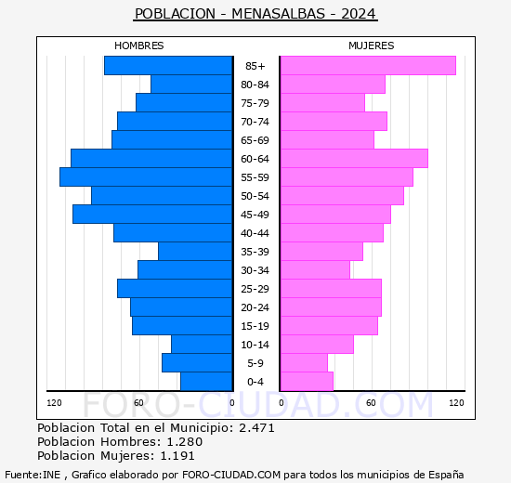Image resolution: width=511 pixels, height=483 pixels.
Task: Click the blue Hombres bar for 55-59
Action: [146, 177]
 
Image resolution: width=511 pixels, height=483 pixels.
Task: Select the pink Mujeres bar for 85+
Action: [368, 66]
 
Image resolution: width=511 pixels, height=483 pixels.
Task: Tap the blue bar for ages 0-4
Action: [206, 382]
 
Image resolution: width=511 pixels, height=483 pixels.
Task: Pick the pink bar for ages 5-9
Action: [304, 363]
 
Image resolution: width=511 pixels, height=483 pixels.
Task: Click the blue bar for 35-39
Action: [195, 252]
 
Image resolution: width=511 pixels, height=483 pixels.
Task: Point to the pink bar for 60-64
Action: [354, 159]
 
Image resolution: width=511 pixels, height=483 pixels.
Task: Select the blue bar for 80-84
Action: [191, 85]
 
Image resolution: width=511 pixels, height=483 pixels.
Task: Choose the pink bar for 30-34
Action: [315, 270]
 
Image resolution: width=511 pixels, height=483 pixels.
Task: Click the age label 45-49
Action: [255, 215]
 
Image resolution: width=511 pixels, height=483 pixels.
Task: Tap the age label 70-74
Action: [255, 122]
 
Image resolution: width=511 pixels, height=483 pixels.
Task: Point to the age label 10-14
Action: [255, 345]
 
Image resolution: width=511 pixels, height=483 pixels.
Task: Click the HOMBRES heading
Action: [139, 46]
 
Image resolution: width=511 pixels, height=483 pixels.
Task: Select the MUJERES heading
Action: [372, 46]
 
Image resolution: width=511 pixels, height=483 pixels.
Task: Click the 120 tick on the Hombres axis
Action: [54, 403]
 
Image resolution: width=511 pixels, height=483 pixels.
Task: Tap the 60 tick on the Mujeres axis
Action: [371, 403]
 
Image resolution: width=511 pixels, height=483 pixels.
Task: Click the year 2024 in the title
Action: [359, 14]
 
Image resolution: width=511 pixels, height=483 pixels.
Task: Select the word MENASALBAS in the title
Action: [279, 14]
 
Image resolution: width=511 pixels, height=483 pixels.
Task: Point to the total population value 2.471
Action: [256, 427]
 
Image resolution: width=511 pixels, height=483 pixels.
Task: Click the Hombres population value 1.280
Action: [185, 441]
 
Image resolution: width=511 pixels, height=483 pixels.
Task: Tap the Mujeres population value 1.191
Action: [177, 456]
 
